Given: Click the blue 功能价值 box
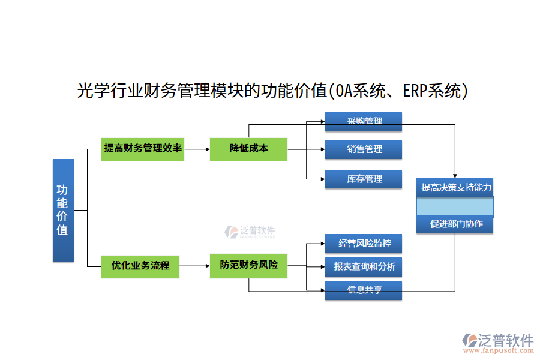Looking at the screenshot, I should [63, 210].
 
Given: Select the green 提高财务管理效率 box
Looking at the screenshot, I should [143, 148].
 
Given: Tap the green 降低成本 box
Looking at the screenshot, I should [248, 148].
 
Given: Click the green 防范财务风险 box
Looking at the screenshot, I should [248, 265].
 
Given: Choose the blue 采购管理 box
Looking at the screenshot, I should [364, 122].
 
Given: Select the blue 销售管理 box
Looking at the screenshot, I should [364, 149].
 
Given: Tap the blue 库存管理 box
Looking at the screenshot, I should [364, 179].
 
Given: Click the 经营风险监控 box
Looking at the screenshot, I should [364, 244].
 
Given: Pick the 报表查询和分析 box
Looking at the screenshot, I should [364, 266].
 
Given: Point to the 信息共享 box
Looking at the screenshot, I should [364, 290].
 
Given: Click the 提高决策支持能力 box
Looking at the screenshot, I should [455, 188].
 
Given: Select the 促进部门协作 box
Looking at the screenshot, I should [455, 224].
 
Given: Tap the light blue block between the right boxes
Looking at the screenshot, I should [455, 206].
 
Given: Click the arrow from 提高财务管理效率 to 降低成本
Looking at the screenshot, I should [197, 148].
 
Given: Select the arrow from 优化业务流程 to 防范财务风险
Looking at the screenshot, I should [197, 266].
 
